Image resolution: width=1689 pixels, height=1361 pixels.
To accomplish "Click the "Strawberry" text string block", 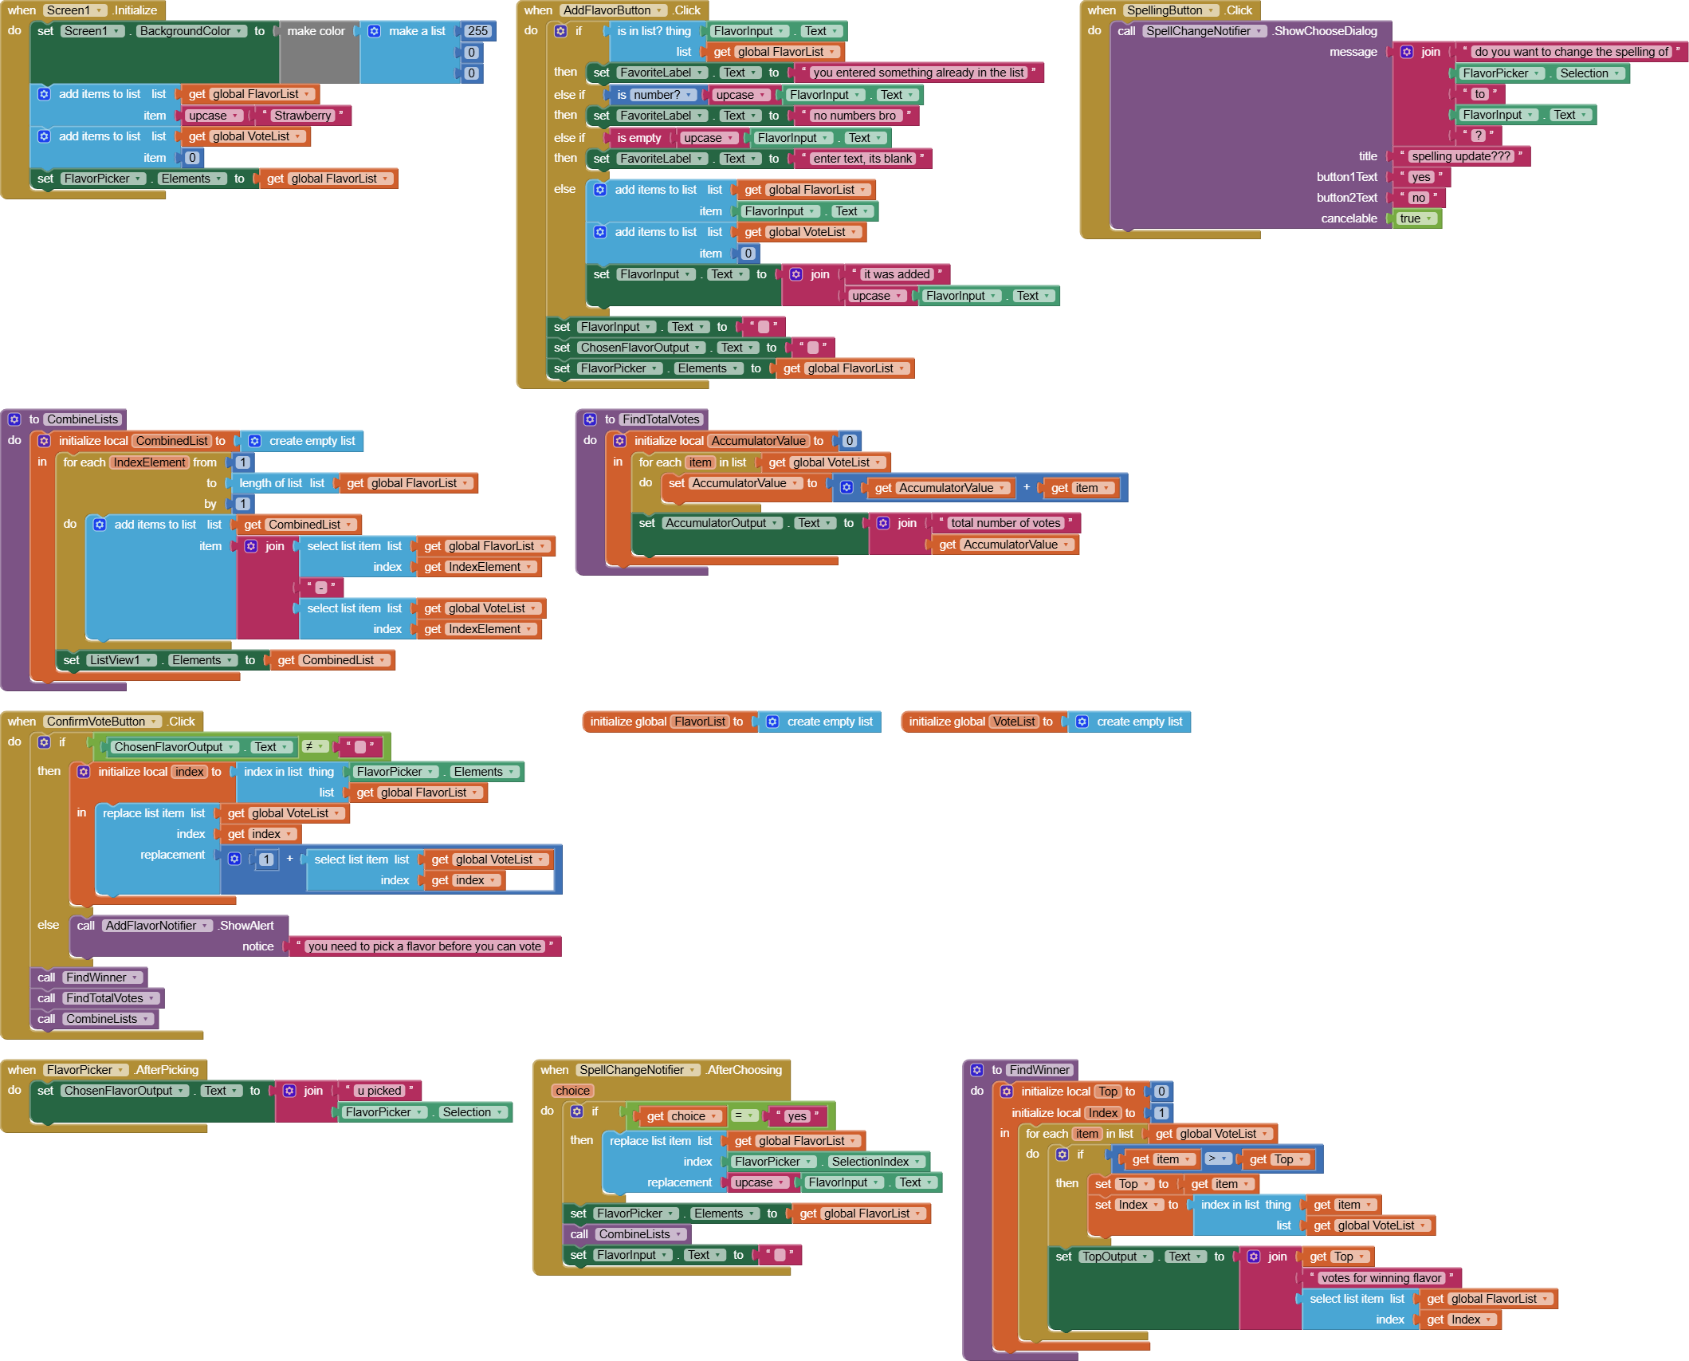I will [x=302, y=116].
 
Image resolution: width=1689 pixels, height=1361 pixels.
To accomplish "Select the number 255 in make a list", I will [x=477, y=31].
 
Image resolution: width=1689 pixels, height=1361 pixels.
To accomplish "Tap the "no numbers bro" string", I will [x=854, y=116].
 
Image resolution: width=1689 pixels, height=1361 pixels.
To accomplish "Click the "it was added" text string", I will [x=897, y=274].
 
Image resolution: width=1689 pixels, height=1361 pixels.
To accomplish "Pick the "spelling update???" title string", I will [x=1461, y=156].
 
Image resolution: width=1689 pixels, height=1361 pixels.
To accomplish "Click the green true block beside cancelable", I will [x=1416, y=218].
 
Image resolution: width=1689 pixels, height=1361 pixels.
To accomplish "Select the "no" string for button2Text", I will [x=1418, y=198].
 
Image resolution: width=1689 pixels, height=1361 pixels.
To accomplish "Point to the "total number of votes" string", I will [x=1005, y=523].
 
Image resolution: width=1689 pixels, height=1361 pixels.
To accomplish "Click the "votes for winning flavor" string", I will [x=1381, y=1278].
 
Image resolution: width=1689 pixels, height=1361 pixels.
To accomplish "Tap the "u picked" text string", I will [x=379, y=1091].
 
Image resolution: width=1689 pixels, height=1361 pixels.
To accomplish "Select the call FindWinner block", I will [x=89, y=977].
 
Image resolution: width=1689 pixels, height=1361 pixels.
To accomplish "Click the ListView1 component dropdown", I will [x=120, y=660].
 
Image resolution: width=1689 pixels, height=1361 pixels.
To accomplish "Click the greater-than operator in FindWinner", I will [x=1217, y=1158].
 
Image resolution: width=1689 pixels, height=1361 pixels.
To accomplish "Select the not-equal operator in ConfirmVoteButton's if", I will [x=315, y=747].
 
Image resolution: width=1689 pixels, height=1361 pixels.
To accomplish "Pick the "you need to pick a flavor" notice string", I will [x=424, y=946].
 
